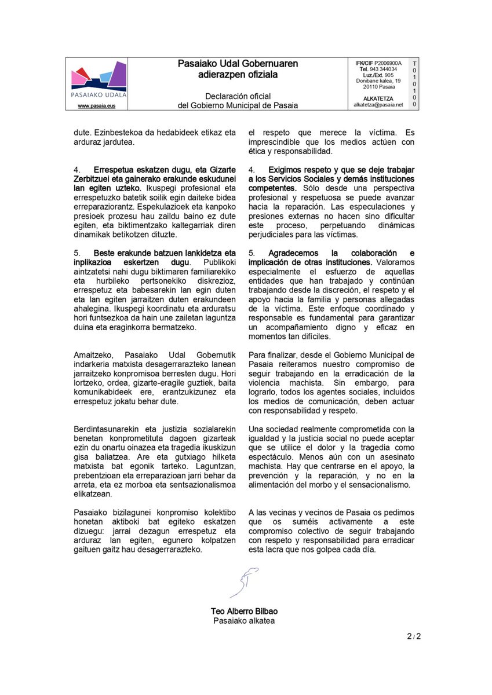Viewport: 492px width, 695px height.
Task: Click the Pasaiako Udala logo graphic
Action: (x=98, y=79)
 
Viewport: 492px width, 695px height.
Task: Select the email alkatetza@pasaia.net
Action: (x=378, y=105)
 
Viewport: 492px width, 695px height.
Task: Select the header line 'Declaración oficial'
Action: (x=238, y=96)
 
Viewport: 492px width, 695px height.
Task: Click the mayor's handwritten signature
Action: (x=244, y=581)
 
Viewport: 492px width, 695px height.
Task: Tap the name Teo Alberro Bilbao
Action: (x=244, y=612)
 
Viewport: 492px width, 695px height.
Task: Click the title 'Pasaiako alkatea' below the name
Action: (x=244, y=621)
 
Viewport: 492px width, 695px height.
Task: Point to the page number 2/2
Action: (x=414, y=637)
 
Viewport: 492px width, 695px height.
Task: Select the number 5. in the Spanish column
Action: (x=252, y=253)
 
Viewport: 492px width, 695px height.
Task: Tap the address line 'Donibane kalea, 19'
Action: (x=378, y=81)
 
